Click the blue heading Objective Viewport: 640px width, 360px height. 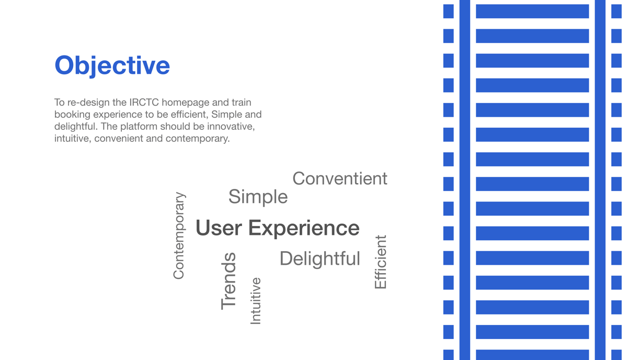click(x=112, y=66)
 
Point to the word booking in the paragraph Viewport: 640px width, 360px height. click(x=73, y=115)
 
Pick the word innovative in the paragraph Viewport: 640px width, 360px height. click(x=231, y=127)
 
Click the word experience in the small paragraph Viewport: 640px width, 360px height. click(x=118, y=115)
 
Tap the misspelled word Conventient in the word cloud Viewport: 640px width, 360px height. click(x=340, y=178)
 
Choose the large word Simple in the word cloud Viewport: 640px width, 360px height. click(x=258, y=197)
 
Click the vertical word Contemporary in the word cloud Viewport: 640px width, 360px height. click(x=179, y=235)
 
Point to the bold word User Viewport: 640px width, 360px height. click(x=219, y=228)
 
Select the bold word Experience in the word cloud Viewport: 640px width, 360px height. click(x=304, y=229)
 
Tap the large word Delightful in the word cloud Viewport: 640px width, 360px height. click(x=319, y=258)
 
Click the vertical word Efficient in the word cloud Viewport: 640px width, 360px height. click(x=381, y=262)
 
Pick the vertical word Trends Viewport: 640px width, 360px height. click(x=228, y=281)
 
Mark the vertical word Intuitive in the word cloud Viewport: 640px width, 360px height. click(x=256, y=301)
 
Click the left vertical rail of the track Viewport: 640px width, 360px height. click(x=465, y=180)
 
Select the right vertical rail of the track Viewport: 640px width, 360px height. click(x=600, y=180)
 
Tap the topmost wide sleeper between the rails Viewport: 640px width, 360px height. click(x=532, y=11)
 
